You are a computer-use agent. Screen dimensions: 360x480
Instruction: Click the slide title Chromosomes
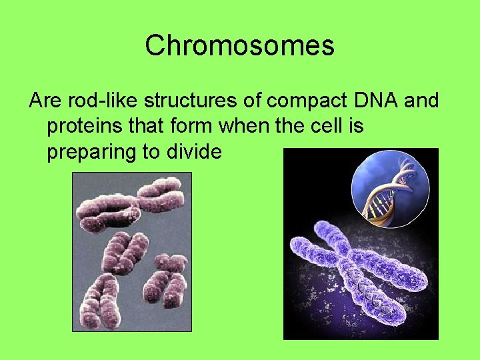(x=239, y=45)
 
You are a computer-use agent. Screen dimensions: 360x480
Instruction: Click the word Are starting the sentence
(x=45, y=101)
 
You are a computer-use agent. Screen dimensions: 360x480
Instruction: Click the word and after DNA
(x=421, y=101)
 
